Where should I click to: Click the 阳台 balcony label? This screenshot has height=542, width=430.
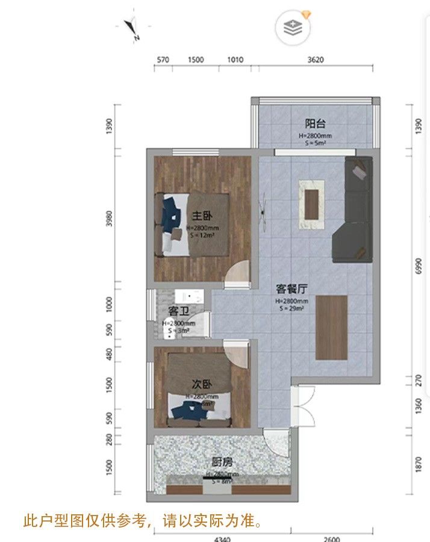pos(315,124)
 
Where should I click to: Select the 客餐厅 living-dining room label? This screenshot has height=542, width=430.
pos(291,289)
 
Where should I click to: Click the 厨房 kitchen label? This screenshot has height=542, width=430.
pos(222,463)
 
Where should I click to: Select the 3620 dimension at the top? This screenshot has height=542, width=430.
pos(315,60)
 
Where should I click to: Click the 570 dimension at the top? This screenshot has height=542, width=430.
pos(163,60)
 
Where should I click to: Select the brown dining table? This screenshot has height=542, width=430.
pos(332,326)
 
